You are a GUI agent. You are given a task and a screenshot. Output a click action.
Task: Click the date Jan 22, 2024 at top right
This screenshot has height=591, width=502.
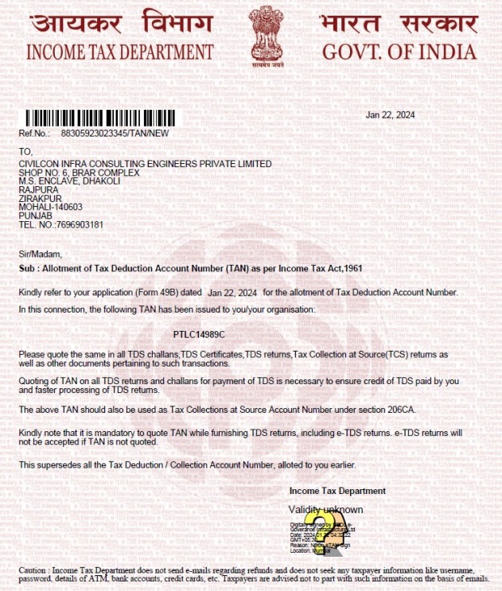tap(390, 115)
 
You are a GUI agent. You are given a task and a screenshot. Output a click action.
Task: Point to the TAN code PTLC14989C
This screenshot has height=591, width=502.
tap(199, 334)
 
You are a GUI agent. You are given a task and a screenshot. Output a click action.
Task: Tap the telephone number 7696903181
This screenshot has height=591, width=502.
tap(82, 224)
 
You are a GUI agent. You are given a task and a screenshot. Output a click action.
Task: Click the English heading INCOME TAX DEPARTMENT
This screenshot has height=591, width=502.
tap(120, 53)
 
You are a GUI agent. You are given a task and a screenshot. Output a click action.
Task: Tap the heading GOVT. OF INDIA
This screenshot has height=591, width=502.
tap(399, 53)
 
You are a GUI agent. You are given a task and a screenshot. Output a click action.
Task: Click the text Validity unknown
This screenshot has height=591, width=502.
tap(325, 509)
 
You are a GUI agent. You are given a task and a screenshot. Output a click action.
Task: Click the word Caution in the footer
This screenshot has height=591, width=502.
tap(34, 571)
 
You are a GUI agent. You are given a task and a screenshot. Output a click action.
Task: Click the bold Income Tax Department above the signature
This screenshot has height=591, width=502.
tap(337, 491)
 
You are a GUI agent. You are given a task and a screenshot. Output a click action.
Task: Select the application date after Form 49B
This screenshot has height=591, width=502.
tap(232, 293)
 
